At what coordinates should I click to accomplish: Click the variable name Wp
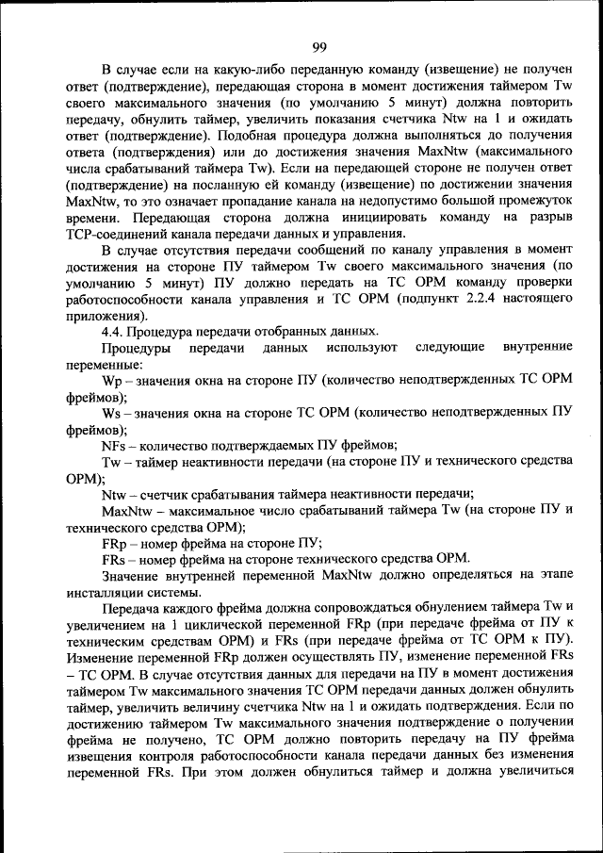tap(112, 381)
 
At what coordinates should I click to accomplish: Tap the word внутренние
tap(537, 348)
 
